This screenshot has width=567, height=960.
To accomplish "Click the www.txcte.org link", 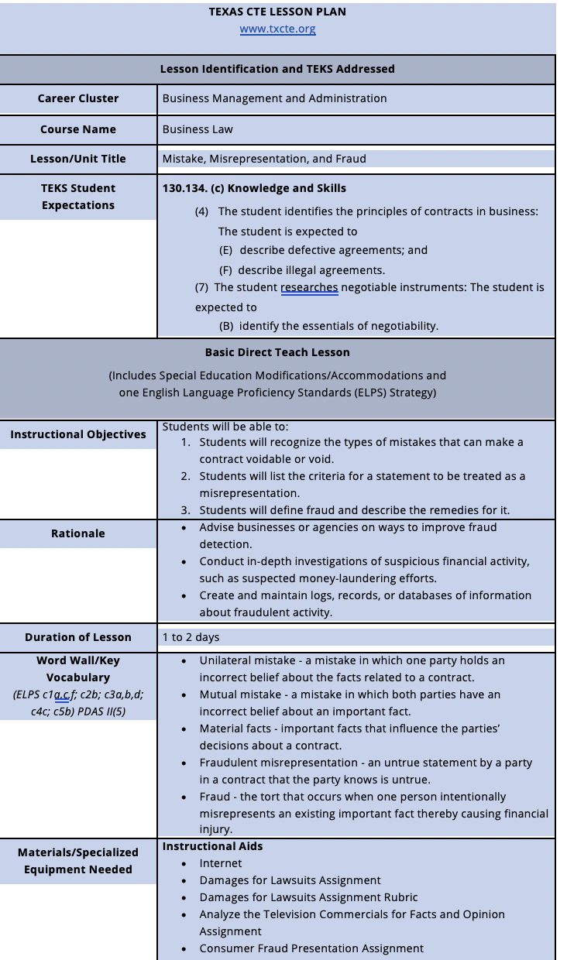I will pos(277,29).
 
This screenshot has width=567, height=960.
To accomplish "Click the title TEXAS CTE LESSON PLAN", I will pos(277,12).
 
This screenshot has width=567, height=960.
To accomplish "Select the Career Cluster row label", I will pos(78,98).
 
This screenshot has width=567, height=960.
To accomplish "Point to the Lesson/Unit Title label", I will pos(78,159).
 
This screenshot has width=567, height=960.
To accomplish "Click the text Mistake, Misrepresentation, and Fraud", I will pos(264,159).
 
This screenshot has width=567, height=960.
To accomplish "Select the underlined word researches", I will pos(309,287).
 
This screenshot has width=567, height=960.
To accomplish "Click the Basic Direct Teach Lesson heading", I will pos(277,352).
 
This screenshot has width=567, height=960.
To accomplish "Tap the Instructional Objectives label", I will pos(78,434).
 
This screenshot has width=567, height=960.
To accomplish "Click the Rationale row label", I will pos(78,533).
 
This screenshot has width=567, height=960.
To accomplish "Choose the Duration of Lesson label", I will pos(78,637).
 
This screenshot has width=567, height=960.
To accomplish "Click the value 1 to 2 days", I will pos(191,637).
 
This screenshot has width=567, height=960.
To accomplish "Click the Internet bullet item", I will pos(221,863).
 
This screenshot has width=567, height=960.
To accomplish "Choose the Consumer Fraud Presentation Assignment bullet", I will pos(311,948).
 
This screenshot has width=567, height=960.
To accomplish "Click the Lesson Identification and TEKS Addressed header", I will pos(277,69).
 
